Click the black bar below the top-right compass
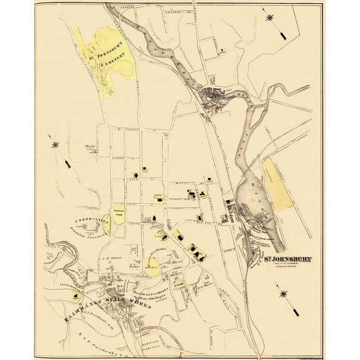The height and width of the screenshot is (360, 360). click(281, 35)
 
